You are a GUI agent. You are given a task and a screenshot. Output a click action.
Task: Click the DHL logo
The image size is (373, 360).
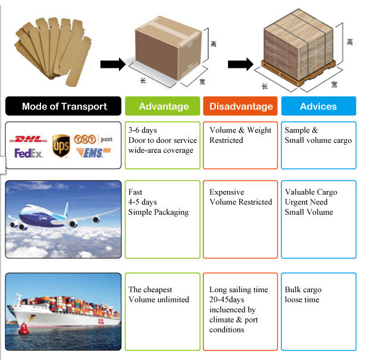point(29,139)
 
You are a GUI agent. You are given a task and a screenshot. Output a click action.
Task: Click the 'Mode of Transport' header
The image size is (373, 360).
point(64,107)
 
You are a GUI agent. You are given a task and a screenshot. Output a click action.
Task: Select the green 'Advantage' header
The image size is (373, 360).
point(164,107)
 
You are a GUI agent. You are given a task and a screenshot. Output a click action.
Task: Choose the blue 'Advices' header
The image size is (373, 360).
point(318,107)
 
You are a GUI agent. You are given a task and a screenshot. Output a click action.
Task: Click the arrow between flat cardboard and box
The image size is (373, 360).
point(112,64)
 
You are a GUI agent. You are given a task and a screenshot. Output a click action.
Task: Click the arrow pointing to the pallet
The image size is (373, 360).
point(240,64)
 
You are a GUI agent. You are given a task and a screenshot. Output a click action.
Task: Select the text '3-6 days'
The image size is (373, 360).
point(143,130)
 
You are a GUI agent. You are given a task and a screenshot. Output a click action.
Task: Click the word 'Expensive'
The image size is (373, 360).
point(227,192)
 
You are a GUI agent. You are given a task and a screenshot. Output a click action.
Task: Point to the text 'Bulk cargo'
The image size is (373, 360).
point(303,290)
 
